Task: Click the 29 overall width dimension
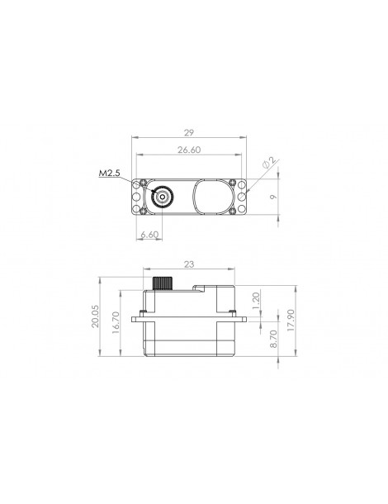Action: [x=189, y=132]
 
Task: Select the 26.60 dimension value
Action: [x=189, y=150]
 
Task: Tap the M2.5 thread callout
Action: [x=109, y=174]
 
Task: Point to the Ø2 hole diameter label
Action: [x=269, y=163]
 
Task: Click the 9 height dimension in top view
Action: [x=273, y=197]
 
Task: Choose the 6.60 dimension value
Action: [x=149, y=235]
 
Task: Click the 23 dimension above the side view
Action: [x=189, y=264]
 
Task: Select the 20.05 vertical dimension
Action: [x=96, y=316]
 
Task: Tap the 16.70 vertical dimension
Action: [x=116, y=322]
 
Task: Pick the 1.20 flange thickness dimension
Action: [x=256, y=301]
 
